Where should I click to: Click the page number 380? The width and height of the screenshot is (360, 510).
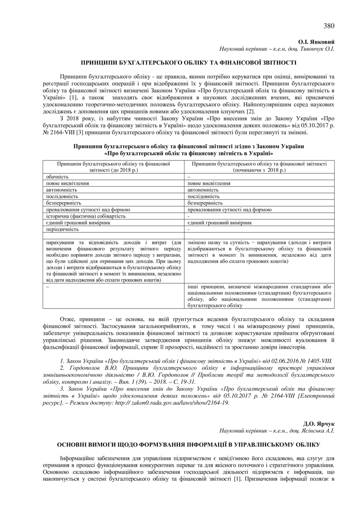click(329, 26)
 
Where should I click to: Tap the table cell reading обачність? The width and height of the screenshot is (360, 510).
click(58, 176)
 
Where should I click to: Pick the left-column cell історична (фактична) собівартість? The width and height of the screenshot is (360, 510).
click(86, 216)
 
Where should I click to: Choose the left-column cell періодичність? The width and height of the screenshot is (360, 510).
click(62, 229)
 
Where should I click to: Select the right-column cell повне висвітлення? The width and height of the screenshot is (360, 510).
click(209, 183)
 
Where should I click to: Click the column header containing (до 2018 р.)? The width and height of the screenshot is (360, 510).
click(114, 167)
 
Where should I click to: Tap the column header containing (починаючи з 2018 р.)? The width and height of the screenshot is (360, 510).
click(259, 167)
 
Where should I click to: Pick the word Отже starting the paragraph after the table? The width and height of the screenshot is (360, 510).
click(67, 319)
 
